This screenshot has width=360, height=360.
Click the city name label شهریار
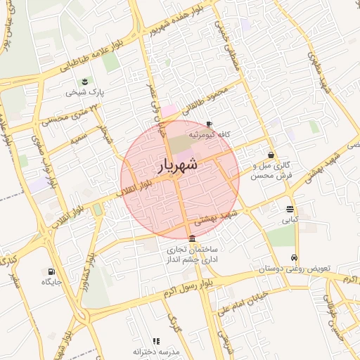tap(179, 166)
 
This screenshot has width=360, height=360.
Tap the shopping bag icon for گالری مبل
tap(271, 155)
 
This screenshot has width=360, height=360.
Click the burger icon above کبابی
tap(290, 209)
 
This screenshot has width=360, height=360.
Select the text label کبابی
tap(290, 220)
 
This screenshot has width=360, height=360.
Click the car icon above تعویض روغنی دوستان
tap(294, 257)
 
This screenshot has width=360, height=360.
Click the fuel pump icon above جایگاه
tap(51, 271)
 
